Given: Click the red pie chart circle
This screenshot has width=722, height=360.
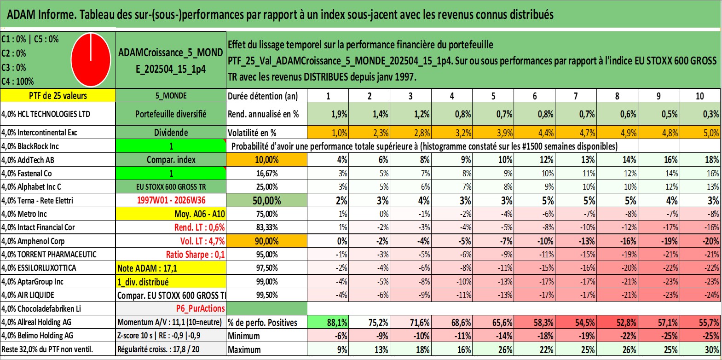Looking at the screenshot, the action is tap(91, 60).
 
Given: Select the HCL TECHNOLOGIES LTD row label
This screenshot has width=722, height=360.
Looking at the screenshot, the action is tap(46, 114).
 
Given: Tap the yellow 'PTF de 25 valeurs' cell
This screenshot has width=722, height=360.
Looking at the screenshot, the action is tap(58, 95).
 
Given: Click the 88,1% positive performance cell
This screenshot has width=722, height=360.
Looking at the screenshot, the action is tap(328, 322).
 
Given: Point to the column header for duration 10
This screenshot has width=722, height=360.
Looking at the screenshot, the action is tap(700, 96).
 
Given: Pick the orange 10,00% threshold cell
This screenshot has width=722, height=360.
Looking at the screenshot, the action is tap(266, 160).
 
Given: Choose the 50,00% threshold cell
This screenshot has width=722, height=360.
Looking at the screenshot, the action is tap(266, 200).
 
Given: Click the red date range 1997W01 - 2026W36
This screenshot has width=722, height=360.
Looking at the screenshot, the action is tap(171, 200).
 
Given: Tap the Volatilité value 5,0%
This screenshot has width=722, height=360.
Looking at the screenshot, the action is tap(711, 133).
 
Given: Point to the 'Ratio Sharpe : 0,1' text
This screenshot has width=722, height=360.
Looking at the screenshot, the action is tap(195, 255).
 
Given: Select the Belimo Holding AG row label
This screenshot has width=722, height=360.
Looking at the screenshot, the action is tap(37, 336).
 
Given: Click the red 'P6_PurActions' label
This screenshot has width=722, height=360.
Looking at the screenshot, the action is tap(200, 308).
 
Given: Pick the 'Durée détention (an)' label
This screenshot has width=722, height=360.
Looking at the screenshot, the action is tap(263, 96).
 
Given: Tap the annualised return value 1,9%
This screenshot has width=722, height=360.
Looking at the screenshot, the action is tap(339, 114).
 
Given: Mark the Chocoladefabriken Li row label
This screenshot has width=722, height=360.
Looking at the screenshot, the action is tap(41, 309).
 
